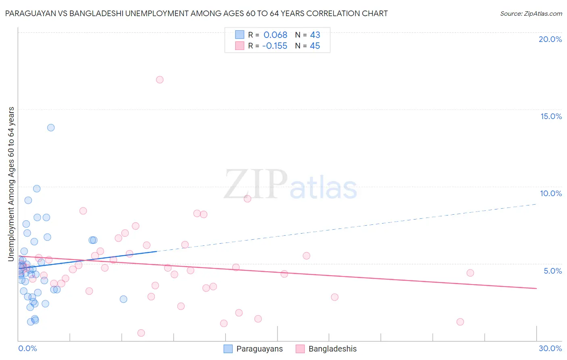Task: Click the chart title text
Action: [196, 13]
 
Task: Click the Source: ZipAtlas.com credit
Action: [531, 14]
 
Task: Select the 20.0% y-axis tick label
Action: [550, 39]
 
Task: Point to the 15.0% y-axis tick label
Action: [551, 116]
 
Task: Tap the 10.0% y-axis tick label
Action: [551, 193]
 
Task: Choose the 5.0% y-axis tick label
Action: [552, 271]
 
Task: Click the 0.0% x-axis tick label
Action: [27, 348]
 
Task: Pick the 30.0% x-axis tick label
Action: [550, 348]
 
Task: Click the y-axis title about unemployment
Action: [11, 184]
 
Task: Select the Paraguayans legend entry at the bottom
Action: [253, 349]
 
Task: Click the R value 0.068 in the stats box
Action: [275, 35]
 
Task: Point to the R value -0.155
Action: [275, 46]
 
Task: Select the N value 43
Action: [315, 35]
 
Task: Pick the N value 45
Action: [315, 46]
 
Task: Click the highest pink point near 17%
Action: [160, 80]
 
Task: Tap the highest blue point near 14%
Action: [51, 128]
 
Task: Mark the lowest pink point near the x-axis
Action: [141, 333]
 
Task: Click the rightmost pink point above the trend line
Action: [470, 273]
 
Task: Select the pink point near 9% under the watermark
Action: [248, 199]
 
